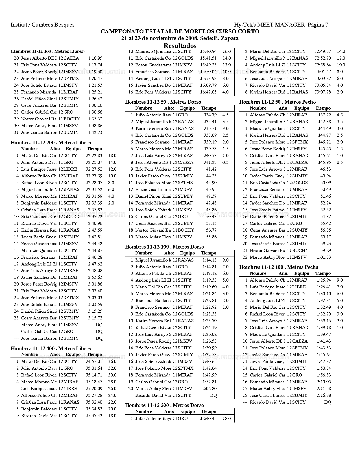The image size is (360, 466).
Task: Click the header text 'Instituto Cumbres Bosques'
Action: [x=42, y=25]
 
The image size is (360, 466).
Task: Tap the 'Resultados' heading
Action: [x=180, y=46]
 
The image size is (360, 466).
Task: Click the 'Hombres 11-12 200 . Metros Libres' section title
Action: [x=51, y=143]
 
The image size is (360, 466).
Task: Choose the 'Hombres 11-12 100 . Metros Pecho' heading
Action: [x=279, y=267]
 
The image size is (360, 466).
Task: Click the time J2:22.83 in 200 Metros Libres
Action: [x=94, y=156]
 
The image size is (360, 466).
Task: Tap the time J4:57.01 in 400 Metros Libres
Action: [x=94, y=362]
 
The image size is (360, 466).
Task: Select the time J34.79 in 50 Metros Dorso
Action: [x=210, y=115]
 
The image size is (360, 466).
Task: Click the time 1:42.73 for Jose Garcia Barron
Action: [x=95, y=132]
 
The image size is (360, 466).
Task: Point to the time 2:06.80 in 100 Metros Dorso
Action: [x=210, y=389]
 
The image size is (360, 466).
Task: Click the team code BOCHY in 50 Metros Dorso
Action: [x=186, y=230]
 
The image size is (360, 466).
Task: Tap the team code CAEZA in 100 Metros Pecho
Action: [x=300, y=341]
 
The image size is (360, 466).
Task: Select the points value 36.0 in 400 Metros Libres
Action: [x=112, y=362]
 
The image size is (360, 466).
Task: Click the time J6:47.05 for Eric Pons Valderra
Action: [x=208, y=92]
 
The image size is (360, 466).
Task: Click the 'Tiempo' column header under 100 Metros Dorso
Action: [x=209, y=253]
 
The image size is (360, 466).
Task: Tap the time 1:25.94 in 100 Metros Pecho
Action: [x=324, y=280]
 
